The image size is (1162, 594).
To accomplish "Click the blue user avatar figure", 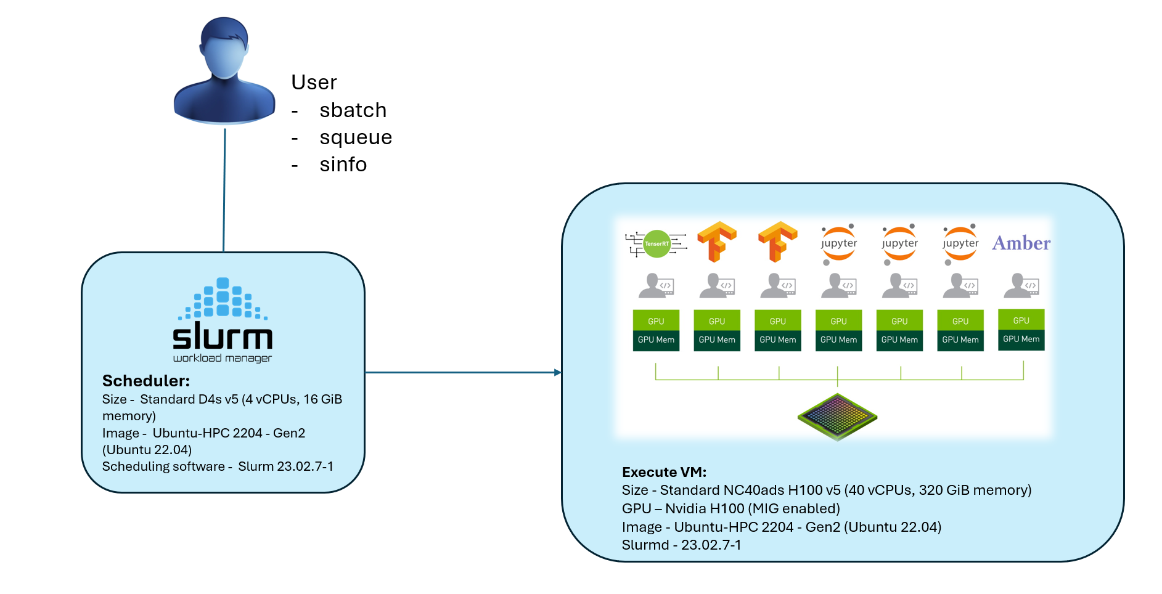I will tap(224, 71).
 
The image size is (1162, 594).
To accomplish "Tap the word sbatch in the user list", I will tap(353, 110).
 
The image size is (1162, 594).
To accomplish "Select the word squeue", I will tap(356, 137).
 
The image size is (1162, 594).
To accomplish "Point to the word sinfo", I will tap(343, 165).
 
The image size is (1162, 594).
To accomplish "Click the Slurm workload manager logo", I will tap(223, 320).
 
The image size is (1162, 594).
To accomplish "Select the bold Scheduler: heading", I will tap(146, 380).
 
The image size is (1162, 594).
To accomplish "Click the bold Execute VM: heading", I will tap(664, 472).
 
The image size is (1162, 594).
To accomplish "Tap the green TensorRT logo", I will tap(657, 243).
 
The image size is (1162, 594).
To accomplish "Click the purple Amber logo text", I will tap(1021, 243).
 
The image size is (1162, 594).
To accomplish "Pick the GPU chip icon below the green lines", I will tap(837, 417).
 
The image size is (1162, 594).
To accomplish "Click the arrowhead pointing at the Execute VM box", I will tap(557, 372).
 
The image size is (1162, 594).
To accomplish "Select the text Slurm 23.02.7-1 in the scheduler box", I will tap(285, 466).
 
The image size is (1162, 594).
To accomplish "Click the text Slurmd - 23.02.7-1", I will tap(681, 545).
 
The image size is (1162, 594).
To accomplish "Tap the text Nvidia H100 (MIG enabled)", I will tap(752, 508).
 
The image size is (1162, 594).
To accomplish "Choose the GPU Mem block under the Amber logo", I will tap(1021, 340).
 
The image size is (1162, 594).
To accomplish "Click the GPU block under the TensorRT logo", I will tap(656, 320).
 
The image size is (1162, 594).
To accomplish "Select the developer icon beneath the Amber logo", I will tap(1021, 285).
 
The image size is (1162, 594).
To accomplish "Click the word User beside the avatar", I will tap(314, 83).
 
